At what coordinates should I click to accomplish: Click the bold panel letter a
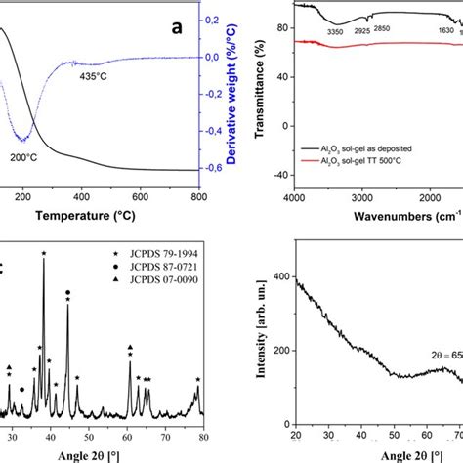(177, 28)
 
